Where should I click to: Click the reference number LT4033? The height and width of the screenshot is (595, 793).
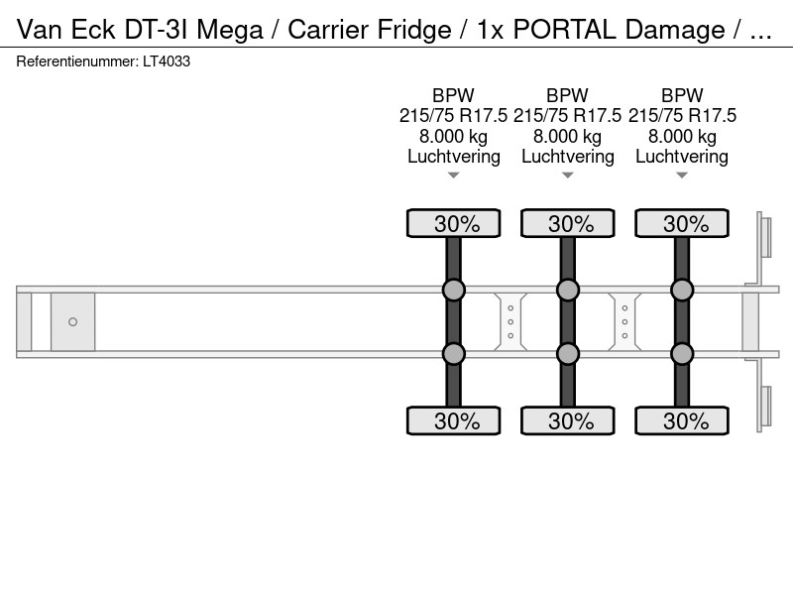pos(167,61)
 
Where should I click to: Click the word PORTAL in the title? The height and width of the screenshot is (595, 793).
pos(564,30)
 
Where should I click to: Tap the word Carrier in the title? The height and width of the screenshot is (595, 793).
pos(328,30)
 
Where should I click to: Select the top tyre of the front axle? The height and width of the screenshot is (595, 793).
pos(454,223)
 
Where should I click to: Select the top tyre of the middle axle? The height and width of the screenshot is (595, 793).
pos(568,223)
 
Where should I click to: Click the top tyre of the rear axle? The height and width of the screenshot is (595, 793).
pos(682,223)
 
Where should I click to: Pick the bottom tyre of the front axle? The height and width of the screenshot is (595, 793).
pos(454,420)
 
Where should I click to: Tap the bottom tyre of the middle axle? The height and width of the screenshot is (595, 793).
pos(568,420)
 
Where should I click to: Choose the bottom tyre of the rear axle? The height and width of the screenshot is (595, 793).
pos(682,420)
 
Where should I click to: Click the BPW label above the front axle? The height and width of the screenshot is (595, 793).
pos(453,95)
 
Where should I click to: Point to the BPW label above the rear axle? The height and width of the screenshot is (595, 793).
pos(682,95)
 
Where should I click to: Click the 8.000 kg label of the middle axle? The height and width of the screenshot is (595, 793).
pos(567,137)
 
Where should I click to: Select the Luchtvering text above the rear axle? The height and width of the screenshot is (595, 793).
pos(682,157)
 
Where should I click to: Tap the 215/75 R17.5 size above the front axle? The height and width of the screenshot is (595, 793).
pos(453,116)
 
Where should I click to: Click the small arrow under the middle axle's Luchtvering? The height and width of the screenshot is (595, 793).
pos(568,176)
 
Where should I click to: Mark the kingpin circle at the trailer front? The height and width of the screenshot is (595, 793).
pos(72,321)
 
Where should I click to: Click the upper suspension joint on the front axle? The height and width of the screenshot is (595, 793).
pos(454,291)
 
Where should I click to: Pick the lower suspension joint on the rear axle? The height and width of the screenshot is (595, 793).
pos(682,354)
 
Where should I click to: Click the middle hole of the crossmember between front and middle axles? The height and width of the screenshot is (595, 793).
pos(510,321)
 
